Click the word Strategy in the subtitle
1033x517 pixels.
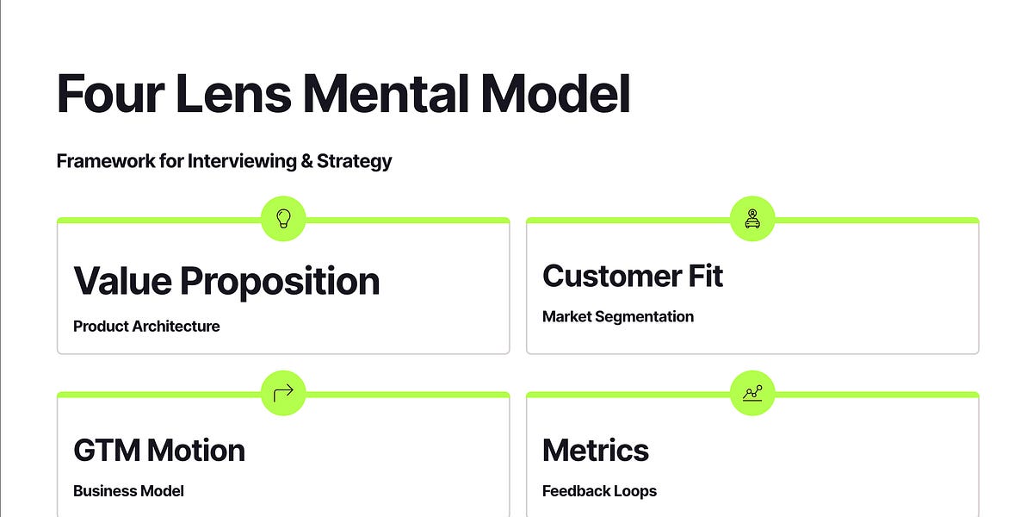pos(354,161)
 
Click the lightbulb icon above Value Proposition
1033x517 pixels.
pos(283,219)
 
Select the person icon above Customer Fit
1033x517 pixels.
pos(752,219)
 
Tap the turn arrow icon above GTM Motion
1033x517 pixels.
pos(283,394)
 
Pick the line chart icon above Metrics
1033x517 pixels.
pos(752,394)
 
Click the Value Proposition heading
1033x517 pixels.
pos(226,281)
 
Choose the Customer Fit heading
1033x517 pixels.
pos(633,276)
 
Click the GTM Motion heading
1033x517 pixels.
pos(159,450)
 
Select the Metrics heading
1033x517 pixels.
pos(596,450)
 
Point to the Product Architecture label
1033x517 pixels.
pos(146,327)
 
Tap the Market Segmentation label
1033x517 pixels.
pos(618,317)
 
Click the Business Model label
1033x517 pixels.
pos(128,491)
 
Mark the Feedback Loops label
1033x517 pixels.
pos(599,491)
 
